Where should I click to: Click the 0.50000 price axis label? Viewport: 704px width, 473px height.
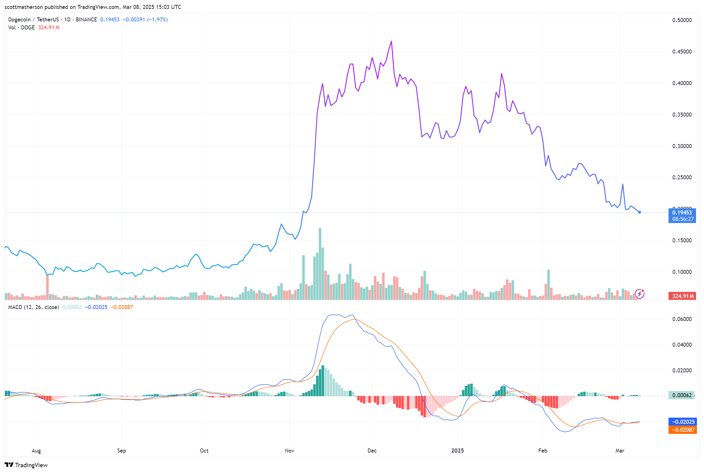tap(682, 20)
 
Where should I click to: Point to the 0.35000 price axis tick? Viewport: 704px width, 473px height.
tap(682, 115)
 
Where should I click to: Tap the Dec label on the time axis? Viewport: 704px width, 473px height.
tap(372, 450)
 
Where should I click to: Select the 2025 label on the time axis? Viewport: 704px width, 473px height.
tap(457, 450)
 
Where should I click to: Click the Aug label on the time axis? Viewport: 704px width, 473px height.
tap(36, 450)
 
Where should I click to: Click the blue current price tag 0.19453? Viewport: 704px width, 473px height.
tap(682, 213)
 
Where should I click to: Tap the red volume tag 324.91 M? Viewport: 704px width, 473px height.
tap(682, 296)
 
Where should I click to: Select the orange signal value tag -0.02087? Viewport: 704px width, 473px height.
tap(682, 430)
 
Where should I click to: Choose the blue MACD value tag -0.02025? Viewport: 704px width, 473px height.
tap(682, 422)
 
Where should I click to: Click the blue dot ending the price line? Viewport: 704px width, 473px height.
tap(639, 212)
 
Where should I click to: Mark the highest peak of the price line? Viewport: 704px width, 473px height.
tap(391, 41)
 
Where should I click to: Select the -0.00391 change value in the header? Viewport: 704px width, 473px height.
tap(134, 20)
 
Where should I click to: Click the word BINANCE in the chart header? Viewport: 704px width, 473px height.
tap(86, 20)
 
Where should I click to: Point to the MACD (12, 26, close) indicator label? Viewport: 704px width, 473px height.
tap(34, 307)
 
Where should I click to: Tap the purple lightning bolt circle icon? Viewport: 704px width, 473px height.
tap(639, 294)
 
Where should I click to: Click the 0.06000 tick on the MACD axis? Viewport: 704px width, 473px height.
tap(682, 319)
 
